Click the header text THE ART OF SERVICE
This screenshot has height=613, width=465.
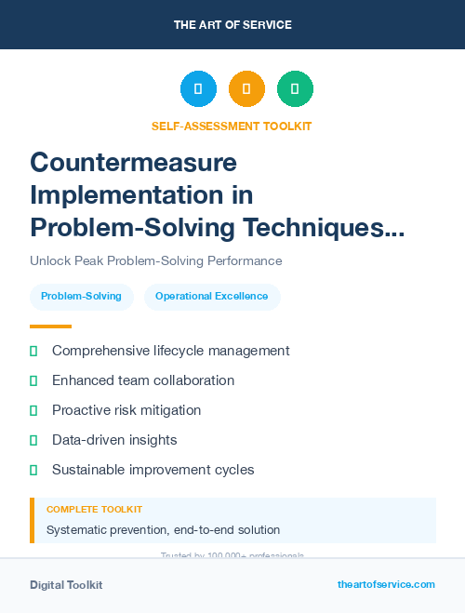point(232,24)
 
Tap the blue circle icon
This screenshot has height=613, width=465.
point(198,89)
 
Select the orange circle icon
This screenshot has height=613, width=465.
point(246,89)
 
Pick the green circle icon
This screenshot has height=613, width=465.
point(295,89)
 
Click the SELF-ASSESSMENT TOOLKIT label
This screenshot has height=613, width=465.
point(232,126)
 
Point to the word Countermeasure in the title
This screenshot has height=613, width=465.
point(133,162)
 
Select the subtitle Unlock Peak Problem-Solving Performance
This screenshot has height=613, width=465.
point(155,261)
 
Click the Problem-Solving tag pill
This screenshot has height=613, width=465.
point(82,297)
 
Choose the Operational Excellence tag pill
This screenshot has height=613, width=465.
point(212,297)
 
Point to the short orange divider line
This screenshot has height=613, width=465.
point(50,326)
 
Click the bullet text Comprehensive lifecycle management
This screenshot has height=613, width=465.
point(170,351)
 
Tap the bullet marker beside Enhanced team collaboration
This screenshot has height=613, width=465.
point(33,380)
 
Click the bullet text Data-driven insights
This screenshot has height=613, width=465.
point(114,440)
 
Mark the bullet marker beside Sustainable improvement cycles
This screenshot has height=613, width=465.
point(33,470)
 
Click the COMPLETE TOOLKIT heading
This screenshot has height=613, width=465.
point(94,510)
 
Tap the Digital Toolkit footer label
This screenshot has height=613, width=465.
point(66,585)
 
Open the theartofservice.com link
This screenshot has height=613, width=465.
point(386,584)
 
